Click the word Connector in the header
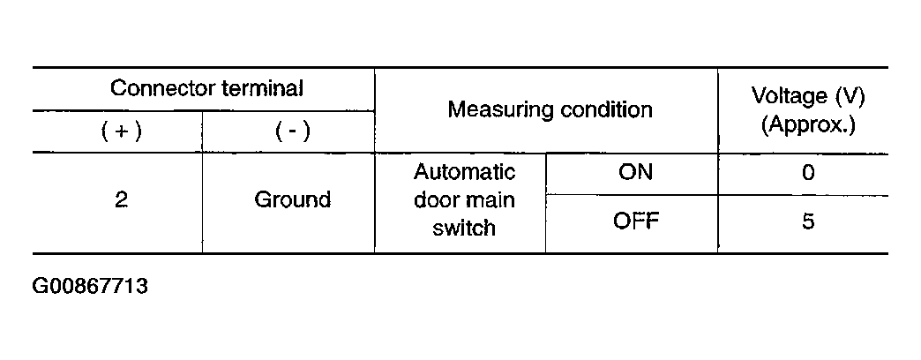162,89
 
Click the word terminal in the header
263,89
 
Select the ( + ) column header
122,131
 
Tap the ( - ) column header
293,131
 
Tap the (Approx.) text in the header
808,124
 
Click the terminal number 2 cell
121,200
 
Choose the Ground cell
293,200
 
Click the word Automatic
464,172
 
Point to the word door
435,199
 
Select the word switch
464,228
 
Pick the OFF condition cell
636,221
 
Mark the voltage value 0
808,173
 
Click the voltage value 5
808,222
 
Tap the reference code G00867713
90,287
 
